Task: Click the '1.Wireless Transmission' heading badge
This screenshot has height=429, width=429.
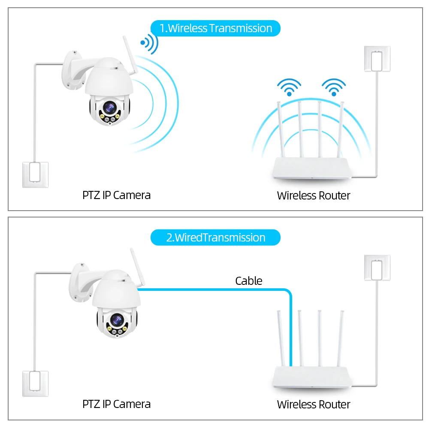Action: pyautogui.click(x=215, y=28)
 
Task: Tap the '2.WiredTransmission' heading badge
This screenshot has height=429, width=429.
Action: pyautogui.click(x=215, y=238)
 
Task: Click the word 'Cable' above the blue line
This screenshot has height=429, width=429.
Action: pyautogui.click(x=248, y=281)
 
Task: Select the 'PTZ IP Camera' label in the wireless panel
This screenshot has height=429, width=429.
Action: pyautogui.click(x=116, y=195)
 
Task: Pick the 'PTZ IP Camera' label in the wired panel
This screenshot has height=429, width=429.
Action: pyautogui.click(x=116, y=404)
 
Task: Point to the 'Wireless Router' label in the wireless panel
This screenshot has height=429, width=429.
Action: pyautogui.click(x=313, y=196)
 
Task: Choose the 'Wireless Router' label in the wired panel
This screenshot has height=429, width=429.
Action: pyautogui.click(x=313, y=405)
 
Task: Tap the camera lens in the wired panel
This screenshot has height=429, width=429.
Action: pyautogui.click(x=116, y=319)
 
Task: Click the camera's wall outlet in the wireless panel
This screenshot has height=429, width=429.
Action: pyautogui.click(x=35, y=174)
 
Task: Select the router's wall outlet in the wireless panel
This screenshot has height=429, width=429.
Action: pyautogui.click(x=377, y=58)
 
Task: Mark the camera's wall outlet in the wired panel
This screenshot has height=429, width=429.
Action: pyautogui.click(x=35, y=383)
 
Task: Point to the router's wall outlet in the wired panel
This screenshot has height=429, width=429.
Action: pyautogui.click(x=377, y=268)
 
